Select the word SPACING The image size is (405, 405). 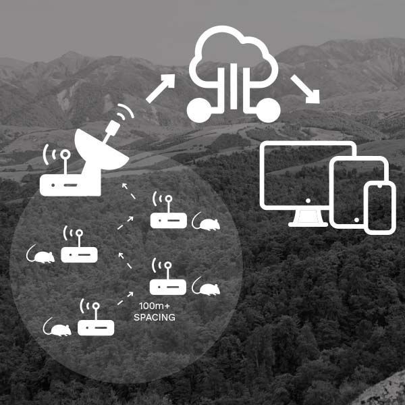[x=155, y=317]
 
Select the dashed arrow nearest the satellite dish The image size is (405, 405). [x=128, y=192]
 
